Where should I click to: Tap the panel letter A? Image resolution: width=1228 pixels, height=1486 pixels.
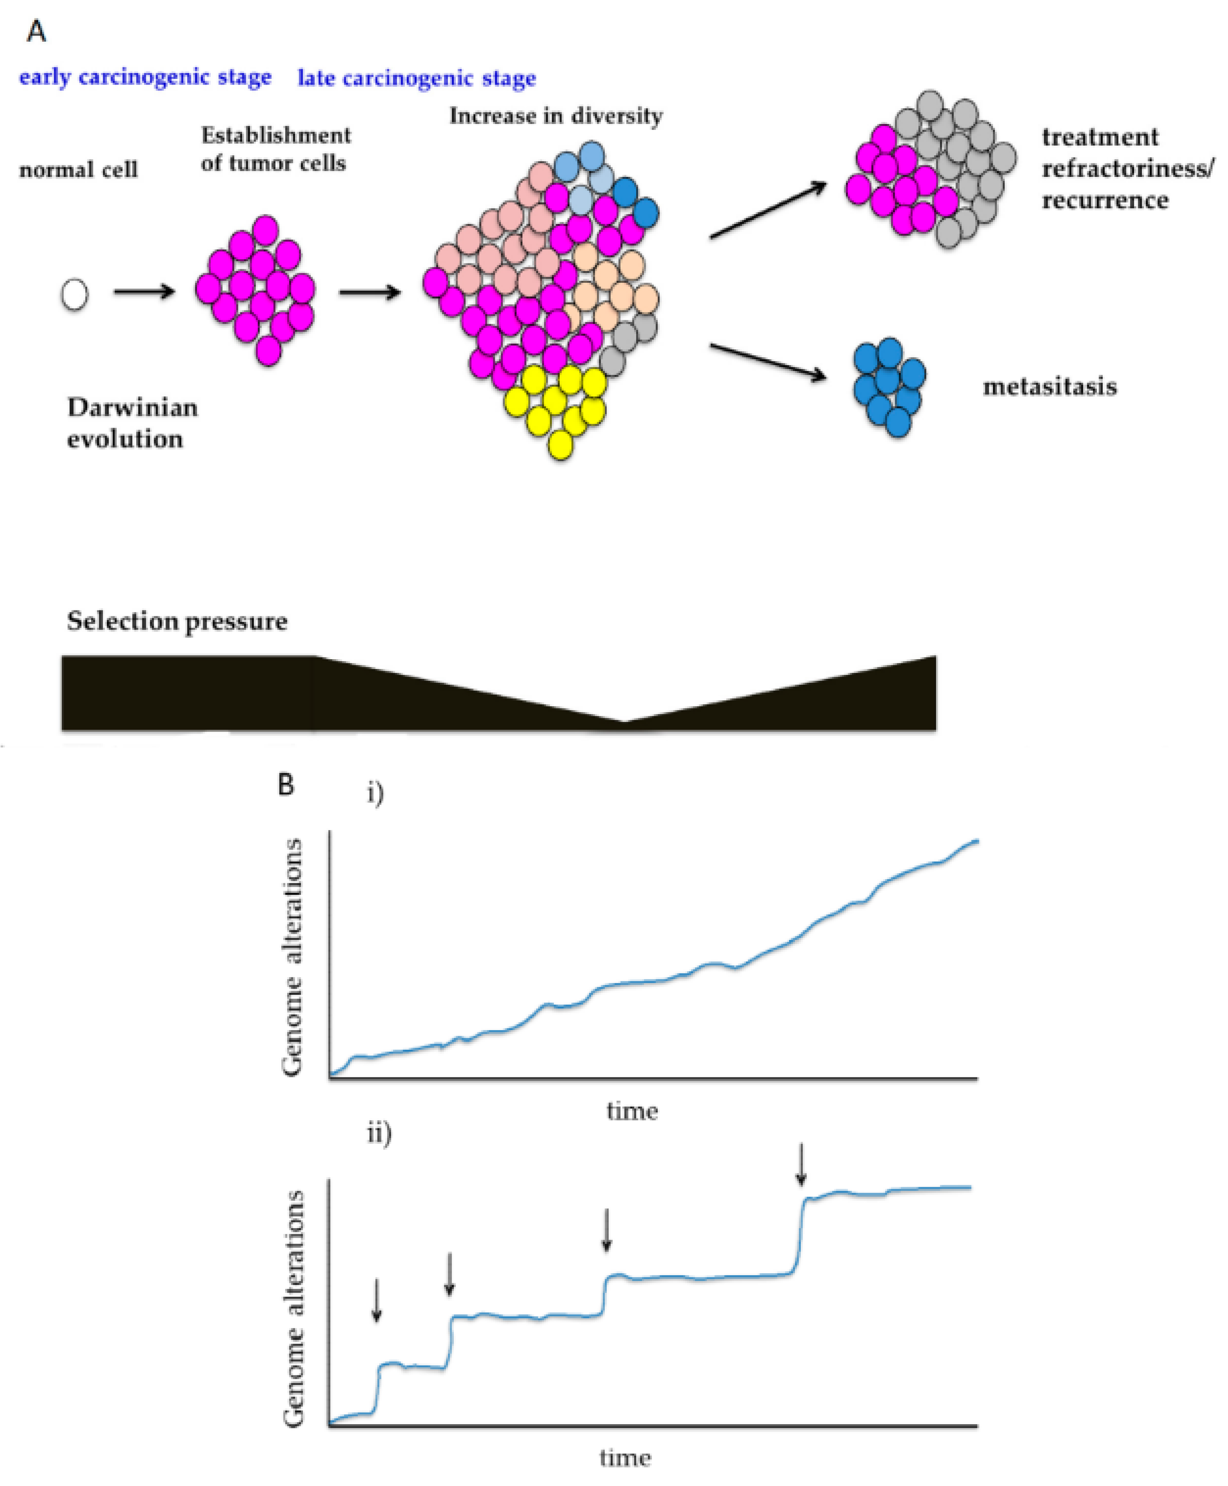(36, 32)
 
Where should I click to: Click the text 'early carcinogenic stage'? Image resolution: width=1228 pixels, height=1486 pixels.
(145, 77)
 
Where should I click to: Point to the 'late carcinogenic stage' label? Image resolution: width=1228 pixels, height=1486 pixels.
(417, 78)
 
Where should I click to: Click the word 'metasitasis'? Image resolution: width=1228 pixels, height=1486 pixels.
(1050, 387)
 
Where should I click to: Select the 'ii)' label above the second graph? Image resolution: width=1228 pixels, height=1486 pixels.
(378, 1134)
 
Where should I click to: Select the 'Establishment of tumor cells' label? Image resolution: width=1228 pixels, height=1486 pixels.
(275, 149)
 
